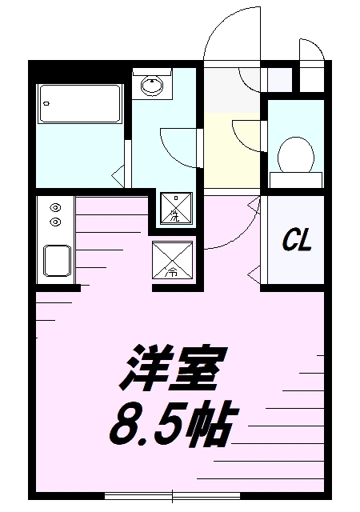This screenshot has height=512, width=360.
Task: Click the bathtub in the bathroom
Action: pos(80,103)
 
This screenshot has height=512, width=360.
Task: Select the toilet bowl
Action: pos(296,155)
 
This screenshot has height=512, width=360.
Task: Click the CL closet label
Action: pos(297,240)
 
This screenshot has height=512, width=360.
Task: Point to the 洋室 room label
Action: pos(173,367)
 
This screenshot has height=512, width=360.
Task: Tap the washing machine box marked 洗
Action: pos(176,208)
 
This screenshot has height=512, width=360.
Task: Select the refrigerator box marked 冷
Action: pos(172,260)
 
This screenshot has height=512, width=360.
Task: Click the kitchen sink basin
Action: pos(57,261)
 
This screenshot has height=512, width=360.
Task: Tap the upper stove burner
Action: pos(55,207)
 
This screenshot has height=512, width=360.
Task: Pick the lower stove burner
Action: pos(55,222)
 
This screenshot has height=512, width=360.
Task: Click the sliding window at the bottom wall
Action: pos(173,496)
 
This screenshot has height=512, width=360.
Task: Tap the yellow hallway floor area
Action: pos(232,150)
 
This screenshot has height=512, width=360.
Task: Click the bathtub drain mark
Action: pos(46,104)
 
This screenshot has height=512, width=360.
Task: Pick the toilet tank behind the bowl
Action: pos(296,180)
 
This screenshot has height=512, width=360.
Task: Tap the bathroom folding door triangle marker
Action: pos(118,176)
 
